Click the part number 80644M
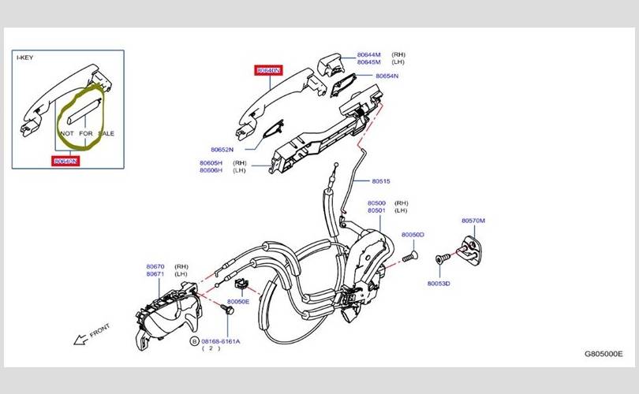point(368,54)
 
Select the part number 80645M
point(368,62)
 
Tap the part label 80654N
point(387,76)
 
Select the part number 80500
point(376,203)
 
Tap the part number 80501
point(376,210)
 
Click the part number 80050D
point(413,235)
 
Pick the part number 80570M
point(473,221)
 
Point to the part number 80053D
point(439,283)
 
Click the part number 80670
point(155,266)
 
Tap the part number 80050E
point(238,302)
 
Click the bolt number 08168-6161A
point(221,341)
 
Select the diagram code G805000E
point(603,355)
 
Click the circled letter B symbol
point(193,341)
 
